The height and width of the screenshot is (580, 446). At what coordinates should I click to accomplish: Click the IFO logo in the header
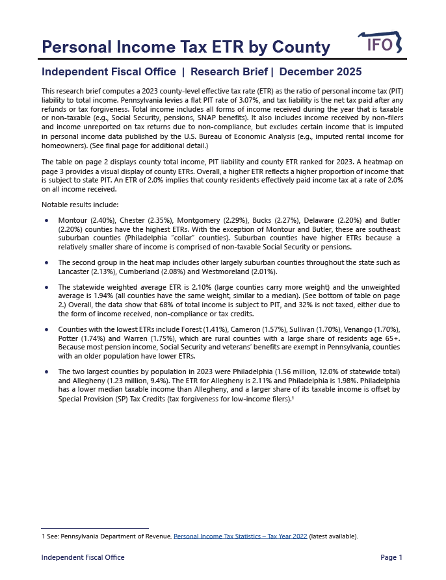[x=380, y=44]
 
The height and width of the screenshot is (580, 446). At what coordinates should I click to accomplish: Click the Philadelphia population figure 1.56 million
[x=299, y=373]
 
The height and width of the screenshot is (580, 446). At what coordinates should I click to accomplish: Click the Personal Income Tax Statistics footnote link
[x=240, y=536]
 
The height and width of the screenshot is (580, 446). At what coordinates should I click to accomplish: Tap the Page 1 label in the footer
[x=391, y=558]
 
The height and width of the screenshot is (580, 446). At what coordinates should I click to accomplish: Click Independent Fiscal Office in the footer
[x=83, y=558]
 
